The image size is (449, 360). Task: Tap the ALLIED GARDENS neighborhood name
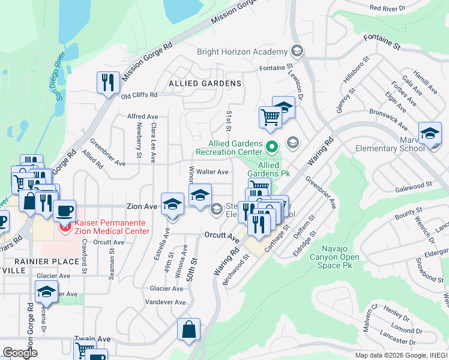[205, 83]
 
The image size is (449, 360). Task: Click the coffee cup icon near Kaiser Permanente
[64, 211]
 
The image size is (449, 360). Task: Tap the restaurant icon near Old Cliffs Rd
[108, 82]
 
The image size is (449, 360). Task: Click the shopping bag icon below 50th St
[188, 329]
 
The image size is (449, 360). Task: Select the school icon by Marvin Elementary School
[429, 133]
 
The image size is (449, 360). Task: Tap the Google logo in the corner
[20, 353]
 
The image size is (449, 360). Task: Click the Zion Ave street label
[142, 206]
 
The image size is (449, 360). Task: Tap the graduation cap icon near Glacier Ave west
[46, 291]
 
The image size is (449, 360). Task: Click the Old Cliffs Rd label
[139, 95]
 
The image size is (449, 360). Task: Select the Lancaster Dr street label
[391, 340]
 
